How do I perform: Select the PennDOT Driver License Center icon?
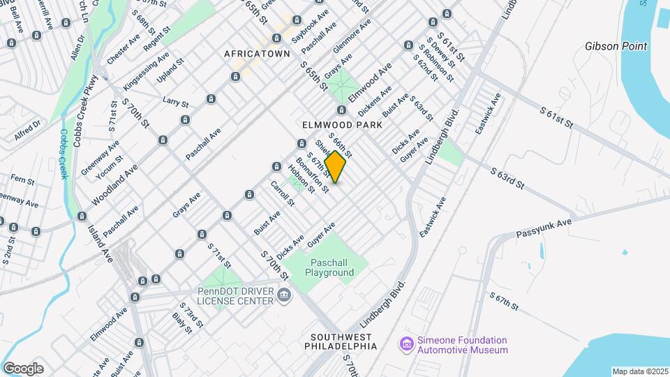coord(283,295)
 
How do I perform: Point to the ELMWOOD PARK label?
coord(342,124)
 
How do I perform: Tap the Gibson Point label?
coord(616,47)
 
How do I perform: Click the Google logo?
coord(23,369)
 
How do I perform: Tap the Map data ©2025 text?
coord(639,371)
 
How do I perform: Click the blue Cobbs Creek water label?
coord(64,154)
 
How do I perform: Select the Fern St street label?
coord(22,181)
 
